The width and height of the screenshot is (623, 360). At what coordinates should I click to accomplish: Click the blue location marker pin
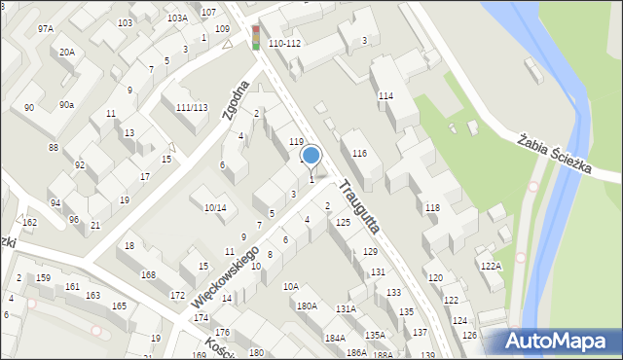point(311,157)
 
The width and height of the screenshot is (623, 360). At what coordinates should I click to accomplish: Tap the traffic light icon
point(256,37)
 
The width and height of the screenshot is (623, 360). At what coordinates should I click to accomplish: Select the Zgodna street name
point(236,100)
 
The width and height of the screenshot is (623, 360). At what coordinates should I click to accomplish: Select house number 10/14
point(215,207)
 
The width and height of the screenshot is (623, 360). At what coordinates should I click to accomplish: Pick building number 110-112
point(284,44)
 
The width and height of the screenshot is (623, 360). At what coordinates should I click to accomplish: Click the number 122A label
point(490,266)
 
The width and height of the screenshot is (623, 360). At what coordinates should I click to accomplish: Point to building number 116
point(359,154)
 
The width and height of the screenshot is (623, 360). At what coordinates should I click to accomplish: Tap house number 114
point(385,95)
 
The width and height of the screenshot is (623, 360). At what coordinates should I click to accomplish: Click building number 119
point(296,142)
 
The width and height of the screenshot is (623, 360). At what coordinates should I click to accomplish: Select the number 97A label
point(46,29)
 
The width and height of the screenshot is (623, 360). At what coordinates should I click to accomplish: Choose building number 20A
point(66,52)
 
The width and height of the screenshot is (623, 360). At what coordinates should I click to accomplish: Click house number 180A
point(307,306)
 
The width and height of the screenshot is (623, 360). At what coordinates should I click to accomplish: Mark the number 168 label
point(148,275)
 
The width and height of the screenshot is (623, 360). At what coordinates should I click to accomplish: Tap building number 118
point(432,208)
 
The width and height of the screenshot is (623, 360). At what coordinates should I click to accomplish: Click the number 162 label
point(30,223)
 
